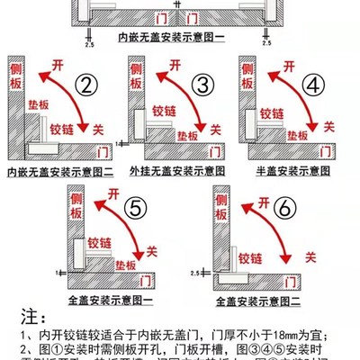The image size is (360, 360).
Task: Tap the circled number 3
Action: tap(203, 85)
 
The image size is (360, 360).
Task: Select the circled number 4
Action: tap(314, 85)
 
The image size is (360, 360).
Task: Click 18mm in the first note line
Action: tap(271, 336)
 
